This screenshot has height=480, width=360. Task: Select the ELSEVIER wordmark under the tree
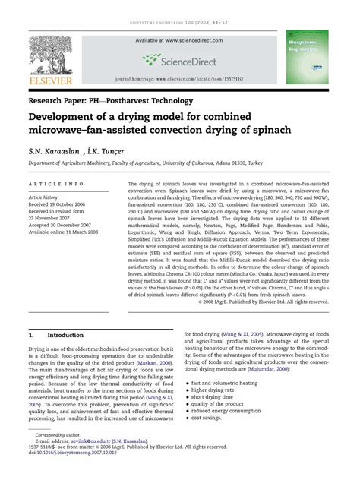(52, 79)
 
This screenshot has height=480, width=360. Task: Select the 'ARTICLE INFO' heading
(56, 185)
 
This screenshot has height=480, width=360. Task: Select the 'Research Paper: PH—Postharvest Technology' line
(121, 99)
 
